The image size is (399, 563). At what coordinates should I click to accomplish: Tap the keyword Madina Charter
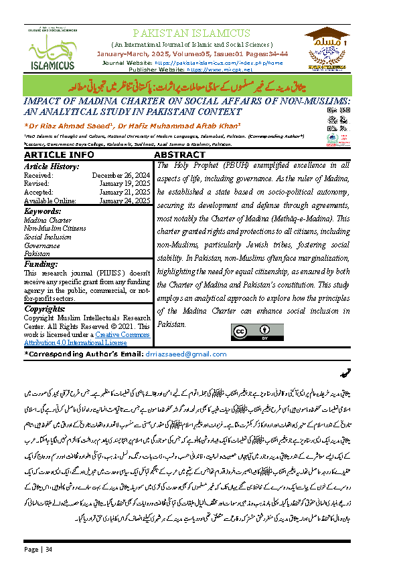(x=48, y=220)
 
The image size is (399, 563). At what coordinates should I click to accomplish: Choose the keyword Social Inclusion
(x=49, y=237)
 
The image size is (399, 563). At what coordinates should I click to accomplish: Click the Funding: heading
(x=41, y=263)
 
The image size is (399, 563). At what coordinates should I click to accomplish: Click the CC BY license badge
(x=247, y=332)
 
